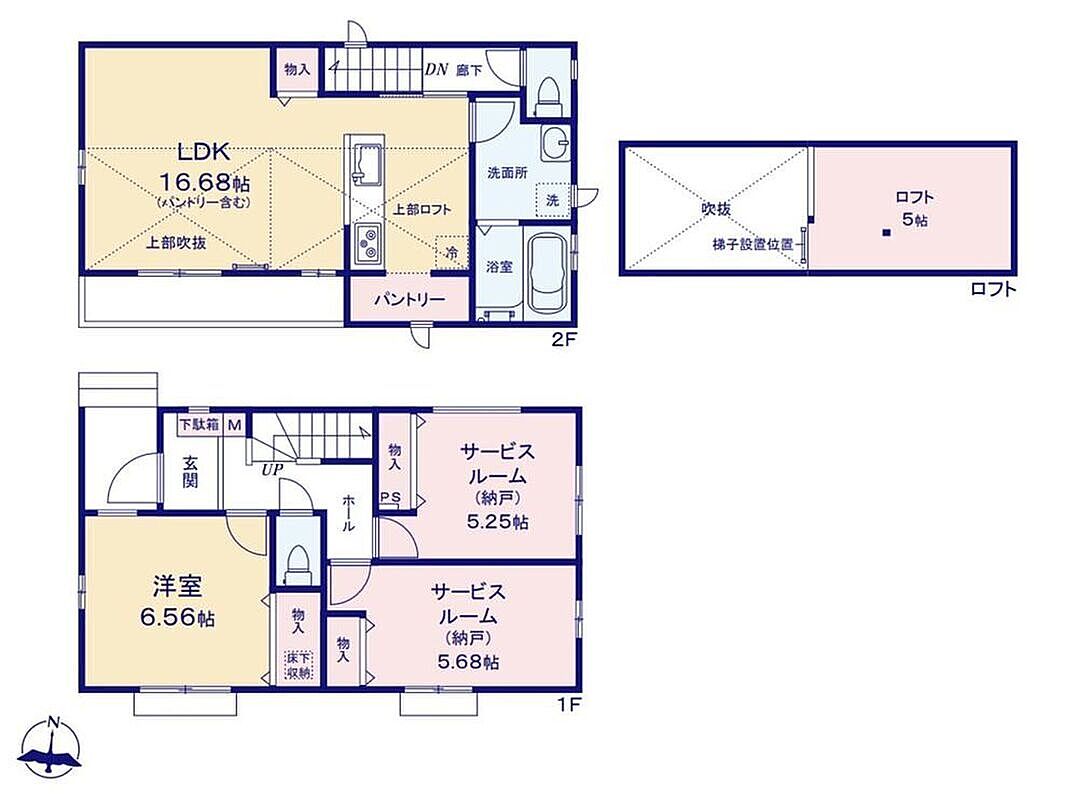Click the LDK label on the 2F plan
point(203,151)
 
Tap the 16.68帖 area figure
point(205,183)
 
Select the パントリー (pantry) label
point(409,300)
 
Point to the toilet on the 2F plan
point(549,97)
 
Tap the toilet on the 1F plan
point(298,564)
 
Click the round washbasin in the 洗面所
point(554,143)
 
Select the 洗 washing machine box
point(552,201)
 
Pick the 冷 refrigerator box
point(452,253)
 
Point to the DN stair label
point(436,69)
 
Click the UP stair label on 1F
point(272,471)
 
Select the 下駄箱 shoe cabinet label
point(199,425)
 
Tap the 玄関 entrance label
point(190,471)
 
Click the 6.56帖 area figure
point(177,617)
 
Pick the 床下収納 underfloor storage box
point(298,665)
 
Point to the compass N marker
point(53,722)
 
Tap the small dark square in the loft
point(886,233)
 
